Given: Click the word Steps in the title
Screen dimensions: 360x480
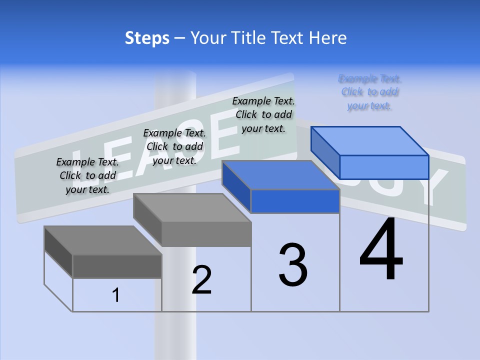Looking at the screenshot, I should pyautogui.click(x=147, y=38).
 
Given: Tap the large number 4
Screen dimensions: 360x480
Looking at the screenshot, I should pyautogui.click(x=381, y=250).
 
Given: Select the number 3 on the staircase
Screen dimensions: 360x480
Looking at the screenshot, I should pyautogui.click(x=293, y=265).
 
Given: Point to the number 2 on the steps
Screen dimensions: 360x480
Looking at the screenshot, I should pyautogui.click(x=201, y=280).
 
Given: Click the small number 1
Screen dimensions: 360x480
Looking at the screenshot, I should pyautogui.click(x=115, y=295).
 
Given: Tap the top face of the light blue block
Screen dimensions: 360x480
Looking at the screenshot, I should pyautogui.click(x=370, y=141).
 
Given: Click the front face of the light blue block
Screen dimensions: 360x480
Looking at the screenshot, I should pyautogui.click(x=384, y=167).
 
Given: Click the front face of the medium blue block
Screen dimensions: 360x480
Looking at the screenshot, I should pyautogui.click(x=295, y=201).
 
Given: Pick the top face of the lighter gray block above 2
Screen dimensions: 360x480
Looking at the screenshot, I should pyautogui.click(x=192, y=207).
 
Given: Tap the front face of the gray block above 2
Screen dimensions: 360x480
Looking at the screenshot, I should pyautogui.click(x=206, y=234).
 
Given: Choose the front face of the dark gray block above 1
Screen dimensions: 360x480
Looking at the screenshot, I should pyautogui.click(x=117, y=266).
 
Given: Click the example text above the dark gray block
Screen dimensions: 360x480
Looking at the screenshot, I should pyautogui.click(x=87, y=175).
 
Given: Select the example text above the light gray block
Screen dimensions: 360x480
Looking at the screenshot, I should pyautogui.click(x=174, y=146).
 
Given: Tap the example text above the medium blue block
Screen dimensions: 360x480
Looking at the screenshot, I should pyautogui.click(x=263, y=114).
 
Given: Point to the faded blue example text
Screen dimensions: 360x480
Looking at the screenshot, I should pyautogui.click(x=370, y=92).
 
